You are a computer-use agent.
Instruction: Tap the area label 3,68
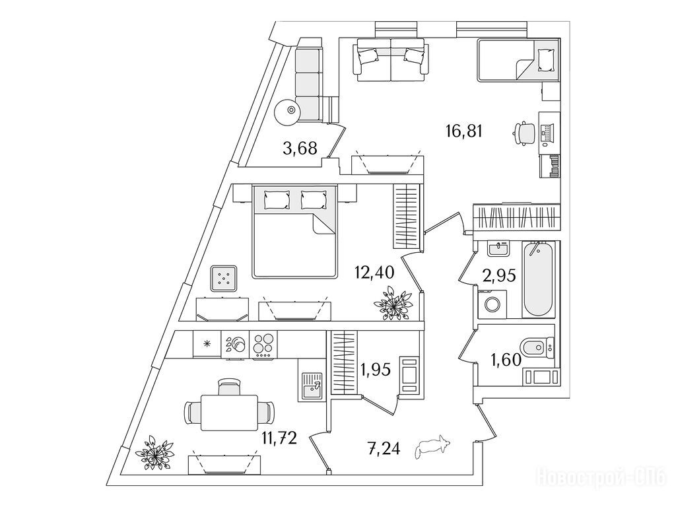[x=298, y=149]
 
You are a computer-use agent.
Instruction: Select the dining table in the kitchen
[x=229, y=411]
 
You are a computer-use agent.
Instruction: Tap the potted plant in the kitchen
[x=155, y=454]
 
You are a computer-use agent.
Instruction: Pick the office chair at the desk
[x=524, y=131]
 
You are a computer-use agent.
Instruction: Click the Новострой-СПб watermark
[x=603, y=477]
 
